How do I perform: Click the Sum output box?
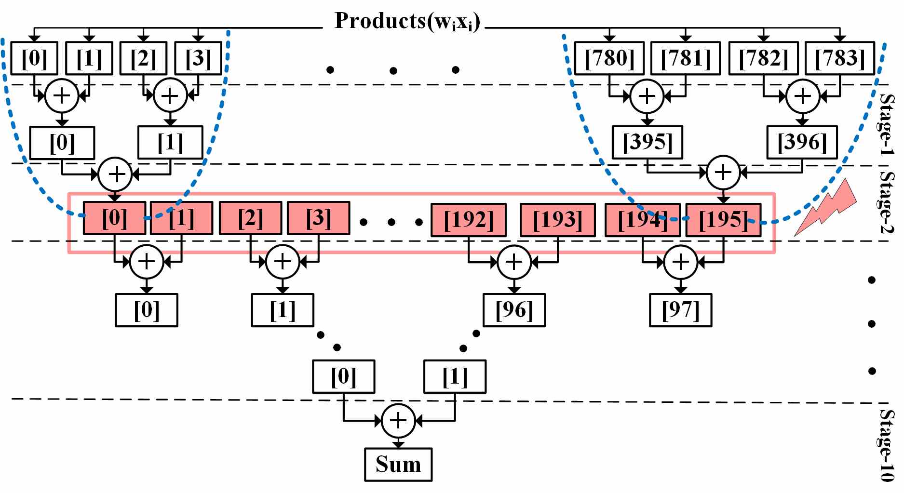pos(398,465)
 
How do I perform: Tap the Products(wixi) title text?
pos(407,21)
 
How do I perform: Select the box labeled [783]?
pos(840,58)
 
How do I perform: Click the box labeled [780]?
pos(609,58)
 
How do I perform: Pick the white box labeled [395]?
pos(648,142)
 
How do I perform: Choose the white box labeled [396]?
pos(802,142)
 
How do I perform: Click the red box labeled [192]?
pos(469,220)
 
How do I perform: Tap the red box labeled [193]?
pos(558,220)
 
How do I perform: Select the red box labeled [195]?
pos(724,220)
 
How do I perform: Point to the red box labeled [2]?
pos(251,218)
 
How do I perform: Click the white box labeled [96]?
pos(514,310)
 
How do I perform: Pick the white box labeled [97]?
pos(681,310)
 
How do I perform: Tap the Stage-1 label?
pos(886,124)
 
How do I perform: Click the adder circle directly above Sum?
pos(398,421)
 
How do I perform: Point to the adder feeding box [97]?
pos(681,262)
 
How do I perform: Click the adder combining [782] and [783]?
pos(803,96)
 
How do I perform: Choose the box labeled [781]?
pos(686,58)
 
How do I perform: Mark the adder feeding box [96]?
pos(514,262)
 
